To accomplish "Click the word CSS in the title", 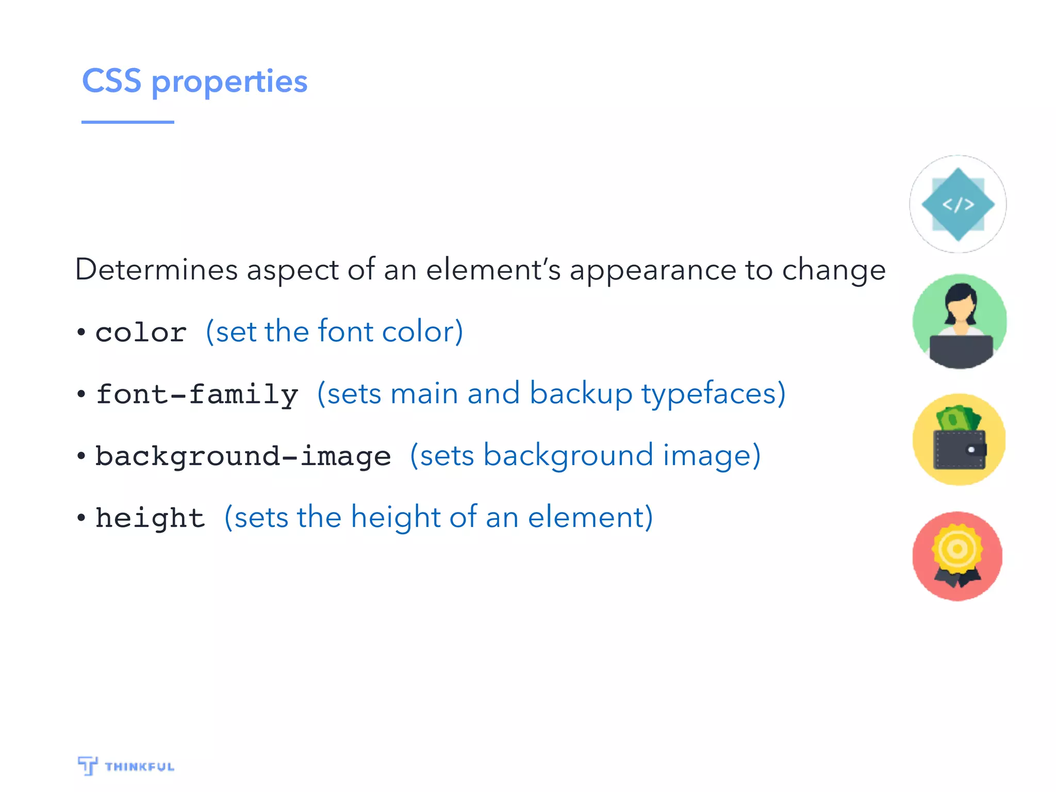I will click(x=111, y=81).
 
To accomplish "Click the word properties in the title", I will click(x=229, y=82).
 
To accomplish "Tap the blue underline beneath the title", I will click(x=127, y=122).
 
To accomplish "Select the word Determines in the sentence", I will click(x=156, y=269).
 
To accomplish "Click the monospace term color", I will click(x=141, y=333).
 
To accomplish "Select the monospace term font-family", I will click(x=197, y=395).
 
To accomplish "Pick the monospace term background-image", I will click(x=243, y=457).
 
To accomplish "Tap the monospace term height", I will click(x=150, y=518).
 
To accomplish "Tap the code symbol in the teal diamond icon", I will click(x=958, y=205).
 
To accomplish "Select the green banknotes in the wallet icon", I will click(x=958, y=418).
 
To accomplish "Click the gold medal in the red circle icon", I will click(x=958, y=549).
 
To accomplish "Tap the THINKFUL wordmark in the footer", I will click(x=139, y=767).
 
